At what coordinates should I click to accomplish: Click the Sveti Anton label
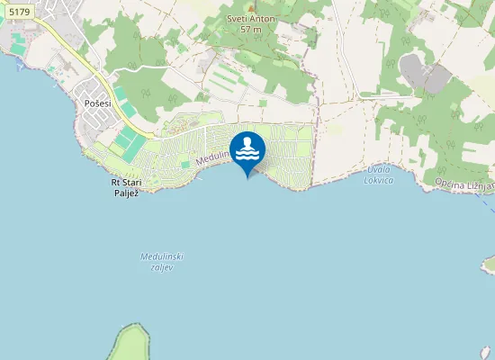click(251, 18)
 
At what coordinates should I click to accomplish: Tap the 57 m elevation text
click(251, 29)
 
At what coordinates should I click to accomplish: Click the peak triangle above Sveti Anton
click(251, 7)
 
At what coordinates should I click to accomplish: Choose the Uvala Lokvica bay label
click(380, 175)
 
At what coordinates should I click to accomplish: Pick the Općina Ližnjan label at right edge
click(464, 184)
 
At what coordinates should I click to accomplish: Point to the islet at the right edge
click(489, 264)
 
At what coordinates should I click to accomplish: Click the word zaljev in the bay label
click(162, 267)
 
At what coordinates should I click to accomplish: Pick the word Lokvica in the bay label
click(380, 180)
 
